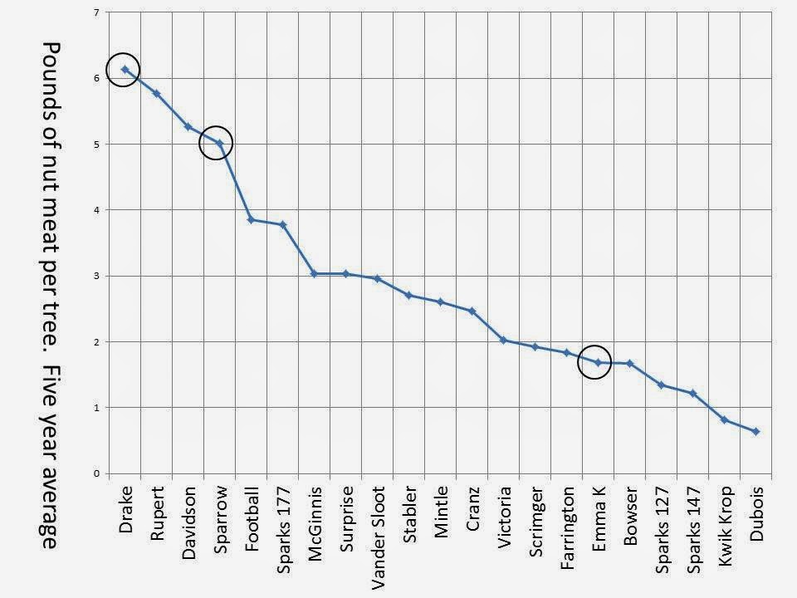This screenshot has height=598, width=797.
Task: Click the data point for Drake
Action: point(125,69)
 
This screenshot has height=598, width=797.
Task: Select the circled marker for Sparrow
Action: point(219,144)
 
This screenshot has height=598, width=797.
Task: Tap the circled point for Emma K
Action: point(599,363)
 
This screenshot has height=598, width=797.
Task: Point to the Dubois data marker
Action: point(755,431)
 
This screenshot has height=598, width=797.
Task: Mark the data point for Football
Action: point(251,219)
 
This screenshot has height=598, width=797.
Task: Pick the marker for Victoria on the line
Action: point(504,341)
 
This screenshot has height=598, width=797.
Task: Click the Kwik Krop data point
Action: point(724,419)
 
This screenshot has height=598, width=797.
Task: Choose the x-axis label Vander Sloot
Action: point(378,538)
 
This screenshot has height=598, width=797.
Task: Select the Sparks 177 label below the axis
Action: point(283,530)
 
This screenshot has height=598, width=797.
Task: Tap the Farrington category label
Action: point(567,528)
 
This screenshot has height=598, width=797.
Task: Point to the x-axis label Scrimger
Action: point(535,522)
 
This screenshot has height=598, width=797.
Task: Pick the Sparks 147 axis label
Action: point(693,530)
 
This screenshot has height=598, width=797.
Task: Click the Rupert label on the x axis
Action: point(157,513)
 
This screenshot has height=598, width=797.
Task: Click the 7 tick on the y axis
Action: point(96,12)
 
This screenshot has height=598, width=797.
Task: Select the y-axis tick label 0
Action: point(96,473)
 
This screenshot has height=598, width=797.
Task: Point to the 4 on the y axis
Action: point(96,210)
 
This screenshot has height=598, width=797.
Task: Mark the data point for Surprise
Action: point(346,273)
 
